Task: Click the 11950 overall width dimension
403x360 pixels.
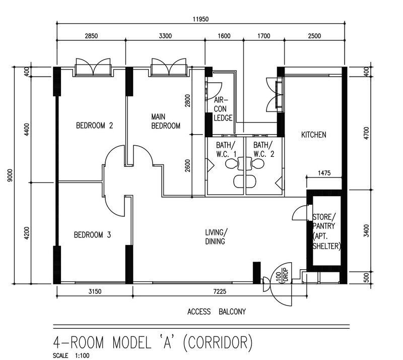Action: (200, 19)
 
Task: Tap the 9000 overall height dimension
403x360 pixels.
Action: (10, 175)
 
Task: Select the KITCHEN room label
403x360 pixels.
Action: (313, 135)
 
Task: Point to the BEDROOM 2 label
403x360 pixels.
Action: (94, 126)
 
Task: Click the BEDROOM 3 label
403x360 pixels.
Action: (92, 235)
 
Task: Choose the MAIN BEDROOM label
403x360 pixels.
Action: (166, 121)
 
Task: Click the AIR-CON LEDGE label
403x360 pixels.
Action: (223, 109)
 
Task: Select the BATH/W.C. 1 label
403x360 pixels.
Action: (226, 150)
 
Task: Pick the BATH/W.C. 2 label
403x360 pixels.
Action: (263, 150)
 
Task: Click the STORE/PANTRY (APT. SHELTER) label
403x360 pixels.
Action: (326, 231)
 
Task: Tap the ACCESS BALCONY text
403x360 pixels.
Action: (217, 312)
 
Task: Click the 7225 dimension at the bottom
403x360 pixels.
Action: (220, 291)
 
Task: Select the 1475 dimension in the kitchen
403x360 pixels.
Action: (324, 173)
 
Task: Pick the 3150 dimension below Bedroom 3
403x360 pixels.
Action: (95, 291)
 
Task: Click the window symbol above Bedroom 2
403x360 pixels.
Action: (93, 68)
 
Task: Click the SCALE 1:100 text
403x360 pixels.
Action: (71, 355)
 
